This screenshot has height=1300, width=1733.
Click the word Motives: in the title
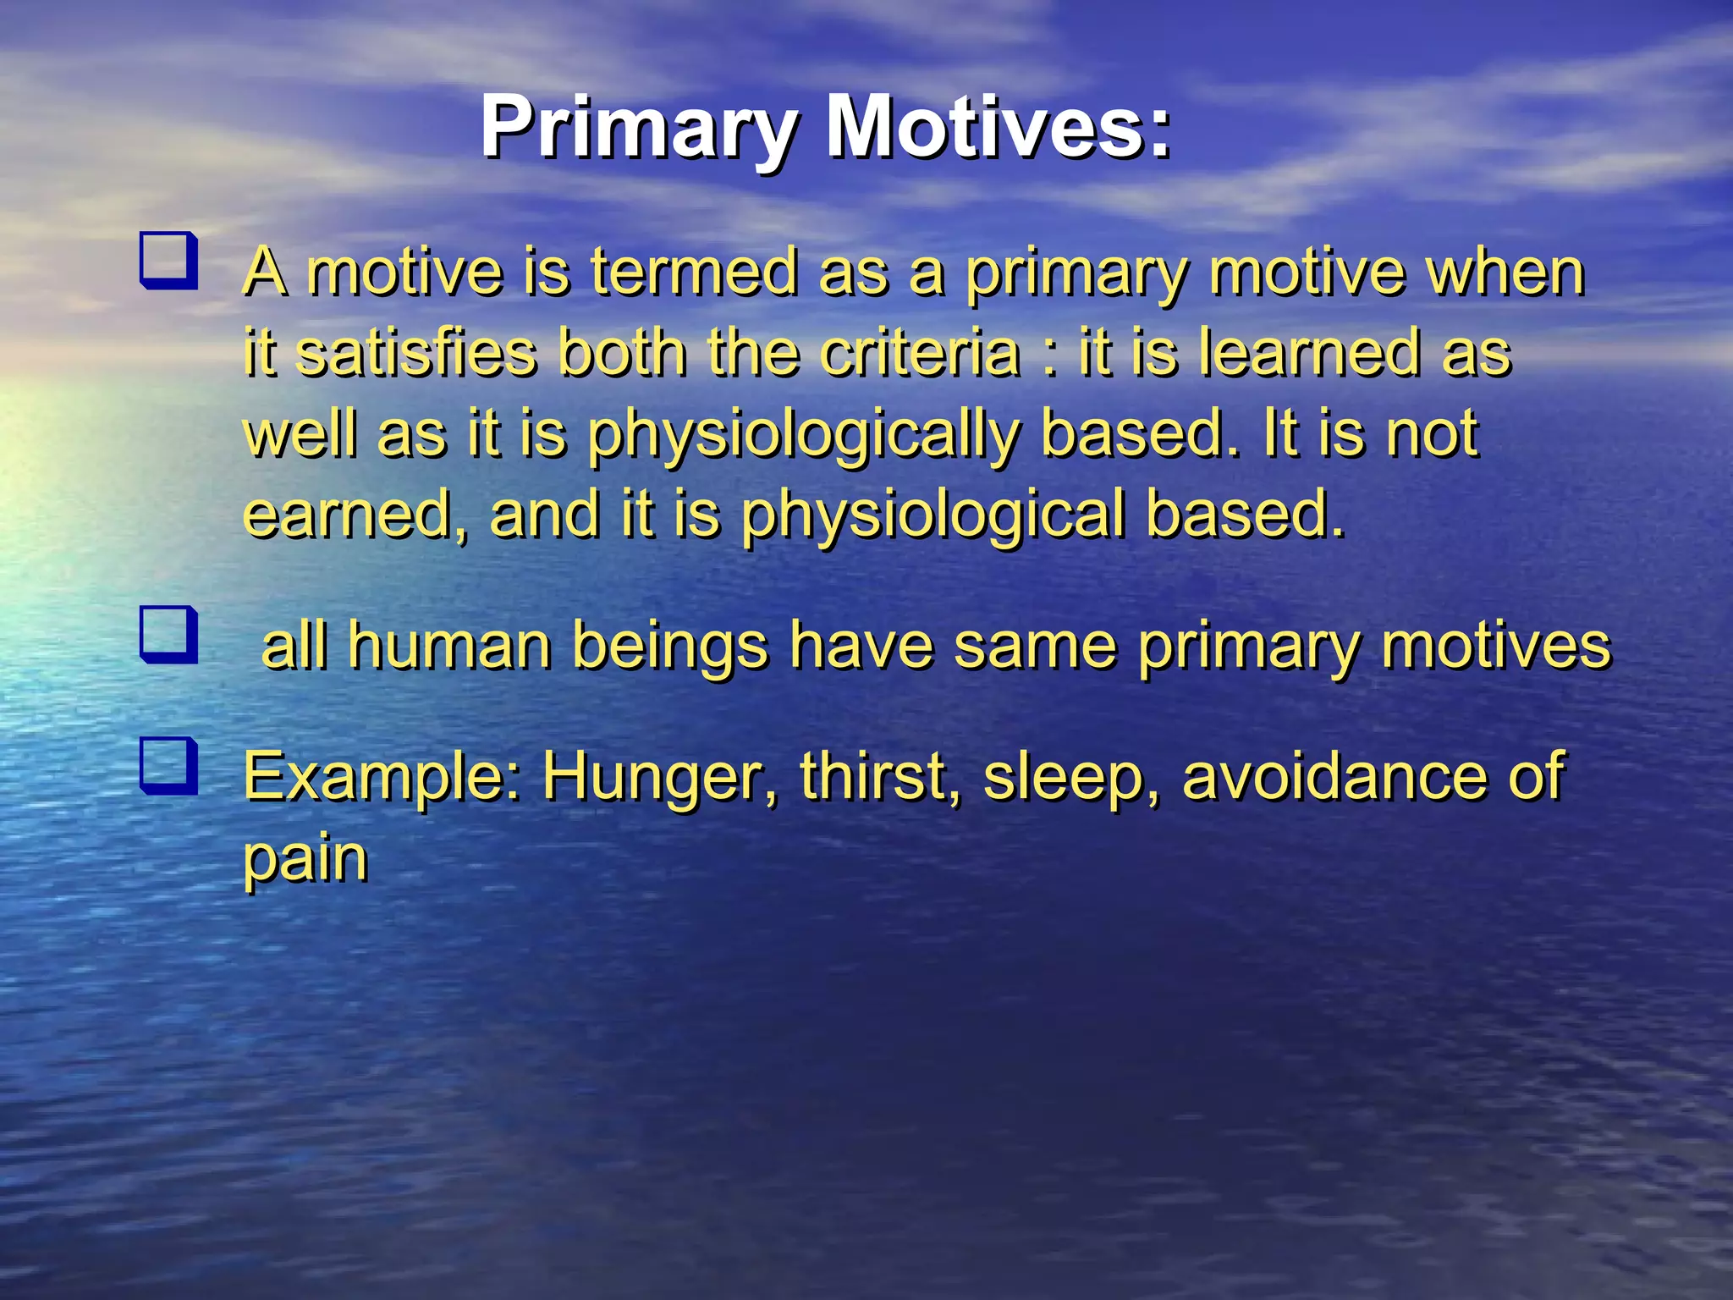pos(999,129)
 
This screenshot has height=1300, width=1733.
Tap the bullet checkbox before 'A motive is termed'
pos(169,261)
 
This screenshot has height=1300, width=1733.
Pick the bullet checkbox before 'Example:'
pos(169,766)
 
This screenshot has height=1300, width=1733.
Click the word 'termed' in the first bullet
pos(694,273)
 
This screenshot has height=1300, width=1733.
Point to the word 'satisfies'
pos(417,354)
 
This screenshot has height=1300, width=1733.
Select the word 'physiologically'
pos(804,435)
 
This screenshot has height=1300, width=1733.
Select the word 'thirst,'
pos(880,777)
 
